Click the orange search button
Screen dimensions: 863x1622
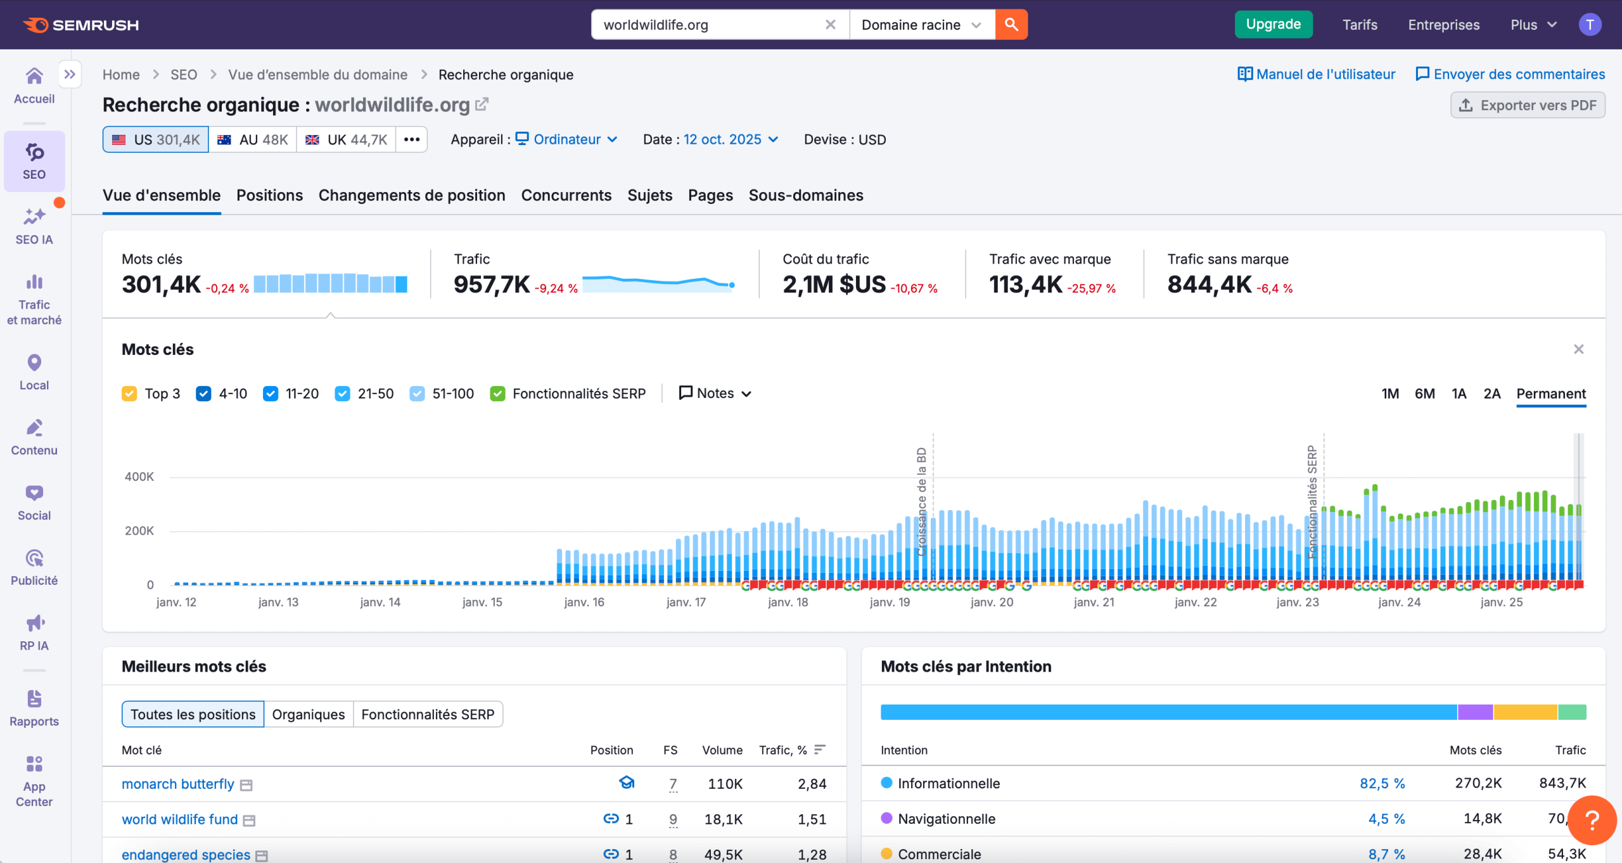tap(1011, 25)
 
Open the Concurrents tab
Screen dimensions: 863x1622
tap(566, 195)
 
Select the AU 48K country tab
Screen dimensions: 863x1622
tap(253, 139)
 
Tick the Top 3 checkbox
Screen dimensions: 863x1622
tap(129, 393)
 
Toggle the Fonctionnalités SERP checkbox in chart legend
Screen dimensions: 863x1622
tap(498, 393)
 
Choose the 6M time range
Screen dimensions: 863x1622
tap(1424, 393)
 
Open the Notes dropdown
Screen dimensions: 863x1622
tap(715, 393)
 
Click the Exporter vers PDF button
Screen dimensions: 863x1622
tap(1528, 105)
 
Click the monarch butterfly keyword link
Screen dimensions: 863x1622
tap(178, 784)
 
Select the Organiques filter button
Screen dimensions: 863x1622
tap(308, 714)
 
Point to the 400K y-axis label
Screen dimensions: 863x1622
tap(139, 476)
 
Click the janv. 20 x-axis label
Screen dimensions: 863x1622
tap(992, 602)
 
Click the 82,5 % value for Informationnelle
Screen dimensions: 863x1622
tap(1382, 783)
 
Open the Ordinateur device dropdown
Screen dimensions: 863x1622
tap(566, 139)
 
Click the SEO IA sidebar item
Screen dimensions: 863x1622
tap(34, 226)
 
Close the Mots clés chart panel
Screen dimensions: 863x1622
tap(1578, 349)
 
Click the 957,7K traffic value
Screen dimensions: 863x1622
tap(492, 284)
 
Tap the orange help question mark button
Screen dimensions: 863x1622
tap(1591, 820)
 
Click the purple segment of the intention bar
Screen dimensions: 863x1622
tap(1475, 712)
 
